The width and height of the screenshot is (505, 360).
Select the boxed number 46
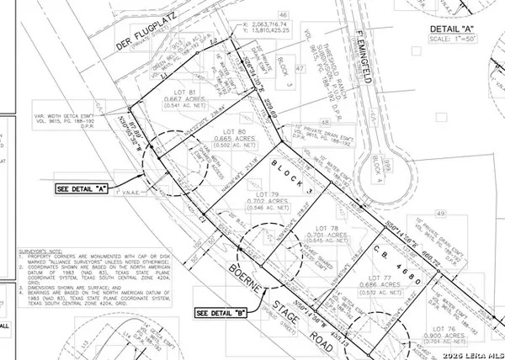click(284, 15)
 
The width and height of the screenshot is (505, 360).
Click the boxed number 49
click(465, 215)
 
